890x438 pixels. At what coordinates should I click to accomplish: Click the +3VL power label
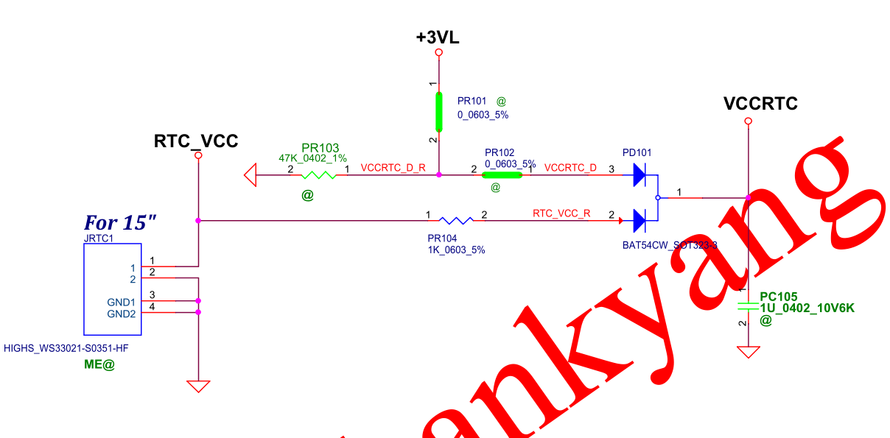438,38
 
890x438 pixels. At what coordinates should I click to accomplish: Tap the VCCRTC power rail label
760,104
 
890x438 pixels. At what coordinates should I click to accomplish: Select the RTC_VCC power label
196,141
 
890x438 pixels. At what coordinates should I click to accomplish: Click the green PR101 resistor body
439,111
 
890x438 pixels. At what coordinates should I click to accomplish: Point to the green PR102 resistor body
502,175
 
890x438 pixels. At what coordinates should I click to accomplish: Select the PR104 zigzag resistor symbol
456,220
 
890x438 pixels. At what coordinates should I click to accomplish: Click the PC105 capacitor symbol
748,305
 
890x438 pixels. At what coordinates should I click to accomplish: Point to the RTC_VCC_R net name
561,213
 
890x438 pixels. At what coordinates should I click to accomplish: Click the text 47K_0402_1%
312,158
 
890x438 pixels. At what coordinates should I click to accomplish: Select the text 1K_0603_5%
456,250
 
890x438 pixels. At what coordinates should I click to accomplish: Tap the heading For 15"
120,222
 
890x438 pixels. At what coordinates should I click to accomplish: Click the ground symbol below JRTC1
198,386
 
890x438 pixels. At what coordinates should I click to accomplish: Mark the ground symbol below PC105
748,352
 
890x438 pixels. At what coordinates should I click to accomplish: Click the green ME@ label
99,364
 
